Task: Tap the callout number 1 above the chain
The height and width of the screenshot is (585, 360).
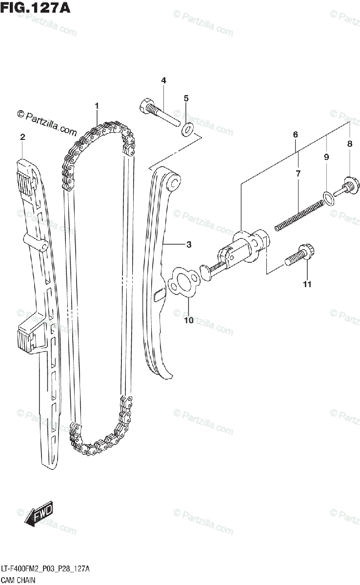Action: click(x=97, y=106)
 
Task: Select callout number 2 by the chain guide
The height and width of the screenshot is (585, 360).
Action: click(x=22, y=138)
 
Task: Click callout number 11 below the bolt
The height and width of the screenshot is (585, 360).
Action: click(x=307, y=284)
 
